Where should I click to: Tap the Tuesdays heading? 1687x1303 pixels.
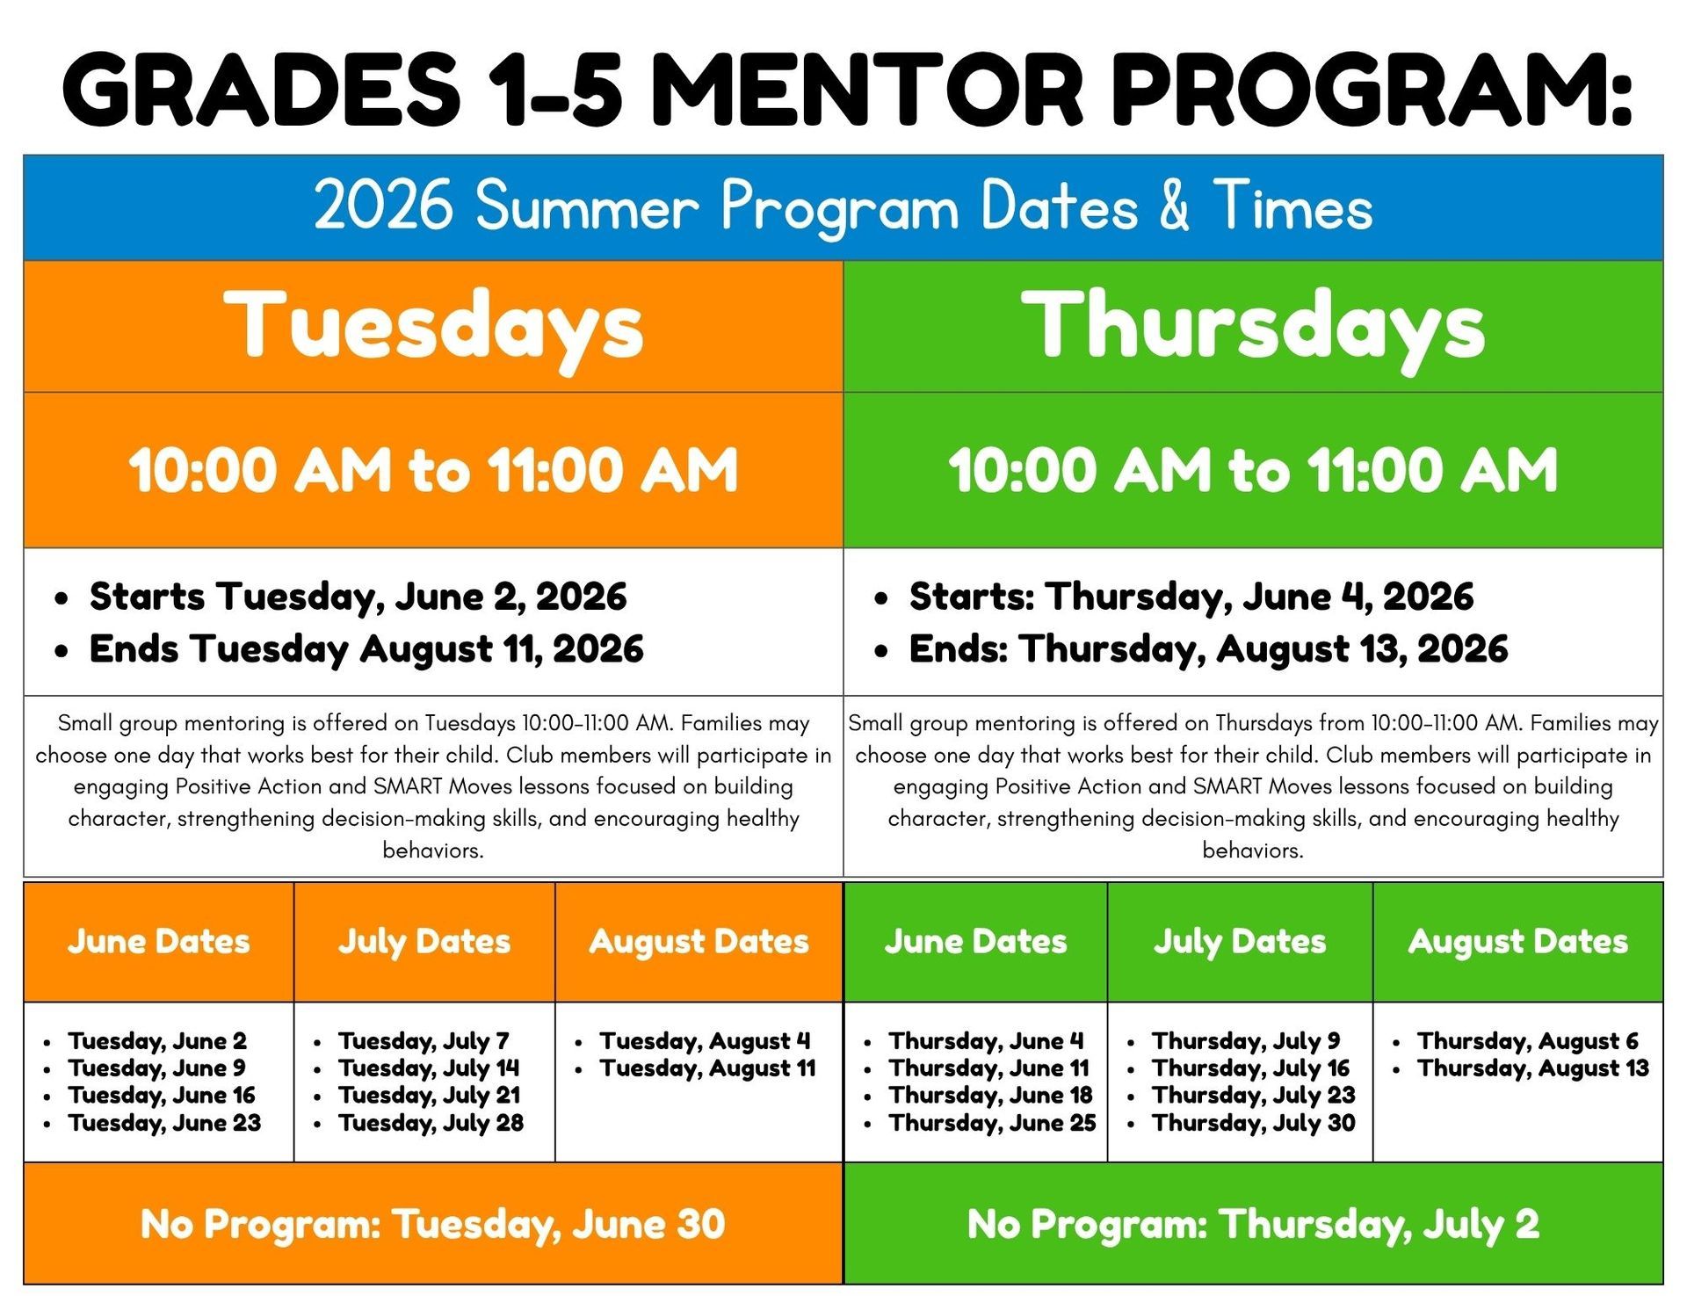pyautogui.click(x=433, y=327)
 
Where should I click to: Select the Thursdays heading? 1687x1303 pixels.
pyautogui.click(x=1253, y=327)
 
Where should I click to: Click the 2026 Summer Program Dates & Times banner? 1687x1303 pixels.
pyautogui.click(x=843, y=207)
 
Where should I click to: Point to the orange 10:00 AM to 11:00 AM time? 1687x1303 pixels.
pyautogui.click(x=433, y=470)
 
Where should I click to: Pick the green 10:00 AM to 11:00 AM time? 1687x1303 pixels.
pyautogui.click(x=1253, y=470)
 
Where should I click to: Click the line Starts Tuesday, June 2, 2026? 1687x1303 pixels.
pyautogui.click(x=358, y=597)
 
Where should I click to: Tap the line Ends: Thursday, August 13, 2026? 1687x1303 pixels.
pyautogui.click(x=1208, y=649)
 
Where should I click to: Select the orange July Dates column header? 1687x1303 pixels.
pyautogui.click(x=424, y=942)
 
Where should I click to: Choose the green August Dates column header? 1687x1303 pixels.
pyautogui.click(x=1518, y=942)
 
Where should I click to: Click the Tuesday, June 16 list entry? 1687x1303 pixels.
pyautogui.click(x=162, y=1096)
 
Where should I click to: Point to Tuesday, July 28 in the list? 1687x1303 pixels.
pyautogui.click(x=431, y=1123)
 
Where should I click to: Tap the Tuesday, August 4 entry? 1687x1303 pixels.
pyautogui.click(x=705, y=1041)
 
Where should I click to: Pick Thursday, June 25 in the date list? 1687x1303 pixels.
pyautogui.click(x=992, y=1123)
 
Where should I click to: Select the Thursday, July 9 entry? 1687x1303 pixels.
pyautogui.click(x=1246, y=1041)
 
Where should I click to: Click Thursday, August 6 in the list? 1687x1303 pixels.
pyautogui.click(x=1528, y=1041)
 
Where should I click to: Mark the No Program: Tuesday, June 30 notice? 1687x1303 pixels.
pyautogui.click(x=433, y=1225)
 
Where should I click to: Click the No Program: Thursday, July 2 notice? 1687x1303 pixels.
pyautogui.click(x=1253, y=1225)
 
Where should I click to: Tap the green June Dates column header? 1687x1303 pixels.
pyautogui.click(x=975, y=942)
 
